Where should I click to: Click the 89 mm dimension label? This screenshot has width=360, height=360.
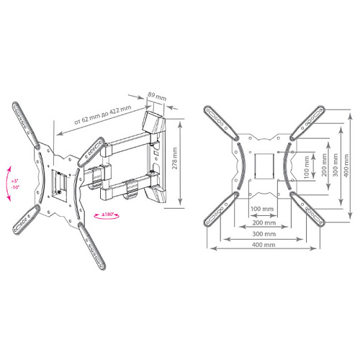(x=157, y=96)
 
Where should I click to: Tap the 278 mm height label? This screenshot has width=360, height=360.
(x=175, y=158)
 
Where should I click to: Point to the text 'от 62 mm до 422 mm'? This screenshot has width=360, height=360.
(x=103, y=115)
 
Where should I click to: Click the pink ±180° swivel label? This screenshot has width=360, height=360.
(x=107, y=215)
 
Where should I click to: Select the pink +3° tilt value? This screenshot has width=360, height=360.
(x=15, y=181)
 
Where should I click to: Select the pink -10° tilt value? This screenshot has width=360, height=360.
(x=15, y=187)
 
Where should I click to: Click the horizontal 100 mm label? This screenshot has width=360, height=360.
(x=262, y=209)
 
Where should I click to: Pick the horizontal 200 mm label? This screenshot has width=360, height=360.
(x=264, y=222)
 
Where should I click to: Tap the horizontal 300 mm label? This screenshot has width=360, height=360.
(x=264, y=234)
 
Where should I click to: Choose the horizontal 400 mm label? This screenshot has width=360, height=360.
(x=264, y=245)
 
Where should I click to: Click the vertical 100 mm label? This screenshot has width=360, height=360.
(x=307, y=167)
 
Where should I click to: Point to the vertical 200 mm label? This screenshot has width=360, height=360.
(x=325, y=165)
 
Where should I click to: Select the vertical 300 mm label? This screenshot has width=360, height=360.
(x=336, y=165)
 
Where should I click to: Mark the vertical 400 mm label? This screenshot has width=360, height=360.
(x=346, y=166)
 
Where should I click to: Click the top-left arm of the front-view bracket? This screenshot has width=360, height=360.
(x=221, y=123)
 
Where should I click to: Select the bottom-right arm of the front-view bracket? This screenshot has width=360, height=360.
(x=307, y=209)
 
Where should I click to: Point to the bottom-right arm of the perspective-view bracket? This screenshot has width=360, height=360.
(x=92, y=246)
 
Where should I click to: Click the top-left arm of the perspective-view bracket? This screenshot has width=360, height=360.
(x=26, y=125)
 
